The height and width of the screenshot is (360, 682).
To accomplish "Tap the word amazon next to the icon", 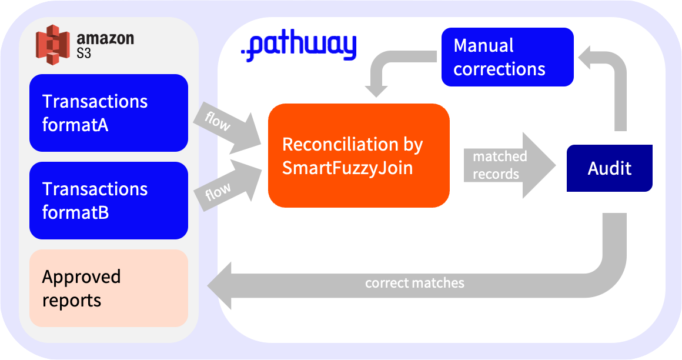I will pyautogui.click(x=105, y=39).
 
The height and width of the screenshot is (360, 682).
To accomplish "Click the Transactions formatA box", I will pyautogui.click(x=109, y=113).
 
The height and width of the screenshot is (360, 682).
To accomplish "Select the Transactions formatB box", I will pyautogui.click(x=109, y=201).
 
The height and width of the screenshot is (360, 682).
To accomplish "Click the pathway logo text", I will pyautogui.click(x=299, y=47).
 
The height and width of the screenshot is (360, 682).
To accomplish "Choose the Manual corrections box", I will pyautogui.click(x=507, y=57).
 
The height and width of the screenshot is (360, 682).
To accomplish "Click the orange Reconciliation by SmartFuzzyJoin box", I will pyautogui.click(x=359, y=156).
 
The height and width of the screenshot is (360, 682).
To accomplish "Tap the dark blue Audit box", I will pyautogui.click(x=609, y=168).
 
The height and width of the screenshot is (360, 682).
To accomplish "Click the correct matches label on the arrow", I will pyautogui.click(x=414, y=283).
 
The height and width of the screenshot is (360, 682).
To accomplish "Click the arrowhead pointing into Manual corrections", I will pyautogui.click(x=588, y=58).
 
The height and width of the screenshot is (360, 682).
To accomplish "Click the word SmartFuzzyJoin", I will pyautogui.click(x=347, y=168).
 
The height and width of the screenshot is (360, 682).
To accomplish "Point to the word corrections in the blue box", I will pyautogui.click(x=499, y=69).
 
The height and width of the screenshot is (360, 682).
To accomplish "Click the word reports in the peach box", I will pyautogui.click(x=72, y=301).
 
